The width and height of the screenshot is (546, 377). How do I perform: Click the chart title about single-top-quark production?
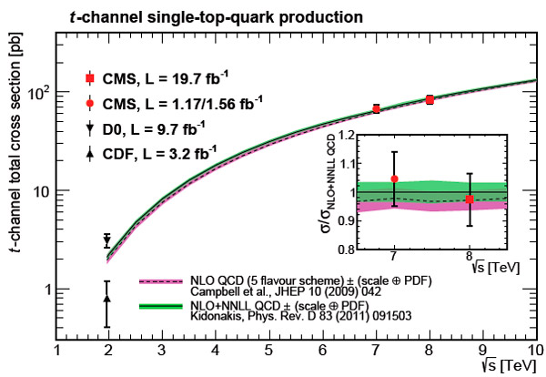pos(207,16)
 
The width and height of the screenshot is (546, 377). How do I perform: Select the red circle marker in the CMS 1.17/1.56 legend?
pos(89,100)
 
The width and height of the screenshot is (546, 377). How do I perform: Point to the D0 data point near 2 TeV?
pos(107,240)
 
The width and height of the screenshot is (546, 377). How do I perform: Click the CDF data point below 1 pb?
pos(107,298)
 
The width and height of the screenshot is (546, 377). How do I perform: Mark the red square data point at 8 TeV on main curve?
pos(430,99)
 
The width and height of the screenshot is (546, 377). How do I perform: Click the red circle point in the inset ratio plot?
pos(394,179)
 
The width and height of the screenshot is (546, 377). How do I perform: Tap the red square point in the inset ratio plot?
pos(470,199)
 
